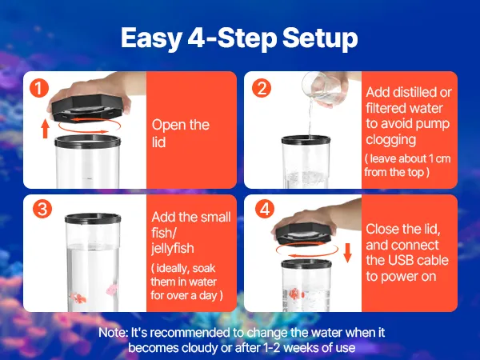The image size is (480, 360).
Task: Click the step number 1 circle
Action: [x=39, y=88]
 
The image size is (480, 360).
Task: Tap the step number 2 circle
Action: [x=262, y=88]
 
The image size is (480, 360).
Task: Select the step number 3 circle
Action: [x=42, y=209]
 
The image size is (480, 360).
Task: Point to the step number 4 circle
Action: [x=265, y=209]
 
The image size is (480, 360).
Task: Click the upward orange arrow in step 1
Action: [x=46, y=129]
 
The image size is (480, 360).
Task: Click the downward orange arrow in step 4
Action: [x=347, y=253]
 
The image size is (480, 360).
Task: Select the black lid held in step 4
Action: [x=304, y=234]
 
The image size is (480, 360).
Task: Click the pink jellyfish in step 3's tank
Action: [x=112, y=290]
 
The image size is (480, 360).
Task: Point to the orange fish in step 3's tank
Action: [x=78, y=298]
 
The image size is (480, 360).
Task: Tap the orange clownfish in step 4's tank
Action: [x=296, y=294]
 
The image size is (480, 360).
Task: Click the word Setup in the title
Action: [x=320, y=38]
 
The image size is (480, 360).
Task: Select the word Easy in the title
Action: [x=151, y=38]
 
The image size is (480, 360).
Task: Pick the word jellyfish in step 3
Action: [x=173, y=248]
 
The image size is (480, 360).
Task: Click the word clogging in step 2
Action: [x=391, y=140]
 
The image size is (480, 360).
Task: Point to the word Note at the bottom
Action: [x=113, y=333]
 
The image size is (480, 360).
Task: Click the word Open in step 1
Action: [x=168, y=126]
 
